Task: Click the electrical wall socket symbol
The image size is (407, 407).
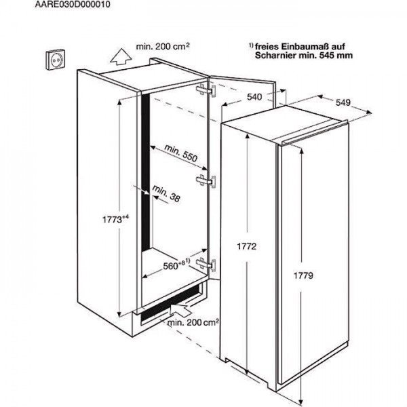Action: [56, 59]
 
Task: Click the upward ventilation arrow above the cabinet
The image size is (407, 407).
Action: [121, 56]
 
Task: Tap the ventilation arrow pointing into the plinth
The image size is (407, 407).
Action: [180, 309]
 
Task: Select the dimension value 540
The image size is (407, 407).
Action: [254, 97]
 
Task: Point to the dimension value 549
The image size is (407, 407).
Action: [343, 102]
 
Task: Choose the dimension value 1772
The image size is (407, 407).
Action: [247, 246]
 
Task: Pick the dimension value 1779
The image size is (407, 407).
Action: [303, 275]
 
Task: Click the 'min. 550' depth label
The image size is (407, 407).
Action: [181, 153]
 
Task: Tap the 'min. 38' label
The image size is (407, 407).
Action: [166, 193]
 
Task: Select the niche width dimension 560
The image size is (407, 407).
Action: [176, 265]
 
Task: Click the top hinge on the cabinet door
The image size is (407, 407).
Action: [206, 90]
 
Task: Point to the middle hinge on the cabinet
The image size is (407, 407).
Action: [206, 180]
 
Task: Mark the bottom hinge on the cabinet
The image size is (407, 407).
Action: [206, 265]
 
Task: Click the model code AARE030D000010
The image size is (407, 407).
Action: [73, 5]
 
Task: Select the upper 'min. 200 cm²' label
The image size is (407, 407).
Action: [163, 46]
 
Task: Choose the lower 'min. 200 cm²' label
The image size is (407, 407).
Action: [193, 322]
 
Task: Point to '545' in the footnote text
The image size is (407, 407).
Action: [328, 56]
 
